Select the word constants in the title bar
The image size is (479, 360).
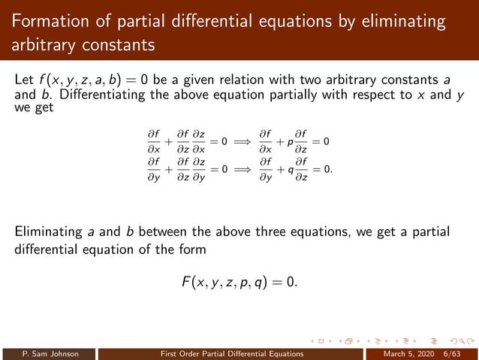pyautogui.click(x=114, y=45)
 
